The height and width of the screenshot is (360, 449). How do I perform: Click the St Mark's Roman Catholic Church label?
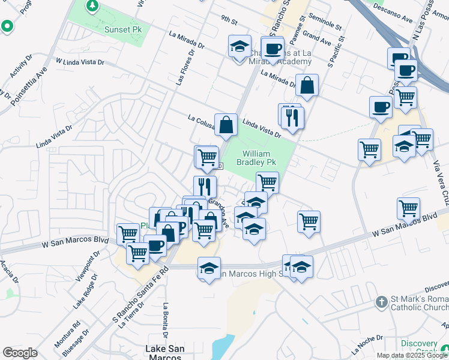coord(419,305)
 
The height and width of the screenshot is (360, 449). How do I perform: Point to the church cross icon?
coord(381,301)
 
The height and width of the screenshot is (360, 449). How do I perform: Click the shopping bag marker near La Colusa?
coord(226,125)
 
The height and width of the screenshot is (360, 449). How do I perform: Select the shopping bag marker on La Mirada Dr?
coord(307,86)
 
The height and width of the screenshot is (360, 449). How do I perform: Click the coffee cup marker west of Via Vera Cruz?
coord(381,107)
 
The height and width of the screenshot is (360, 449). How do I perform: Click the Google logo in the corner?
coord(20,352)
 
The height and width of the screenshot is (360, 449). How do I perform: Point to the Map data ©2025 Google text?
coord(411,355)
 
